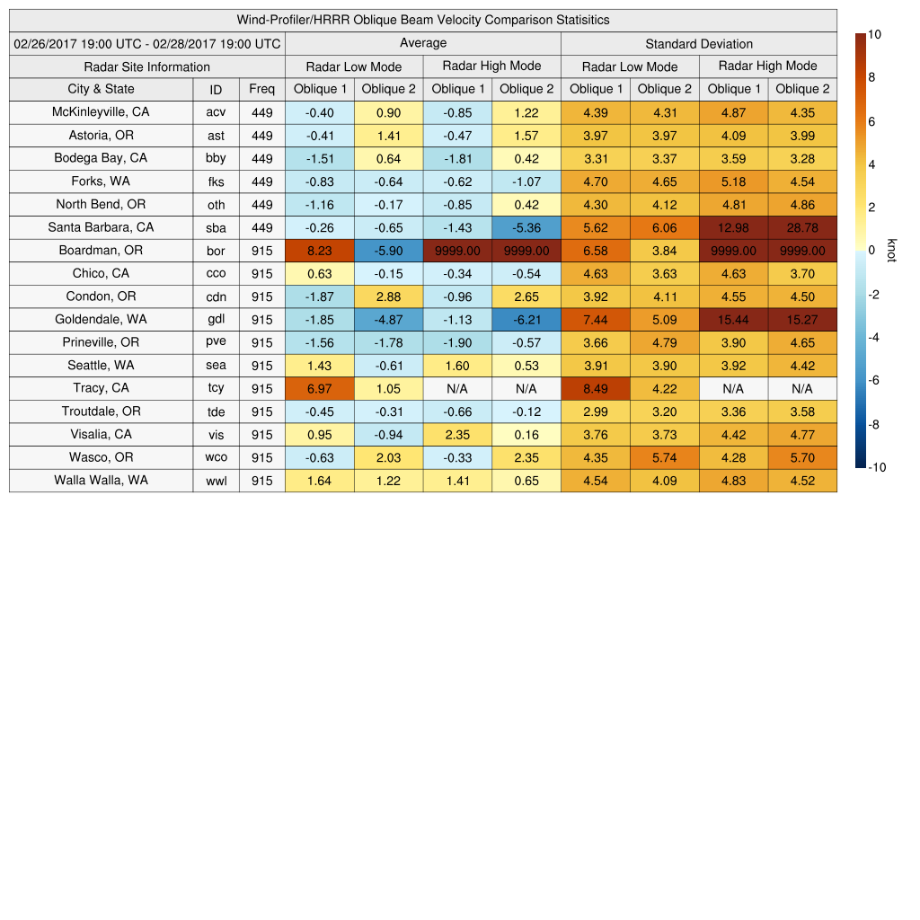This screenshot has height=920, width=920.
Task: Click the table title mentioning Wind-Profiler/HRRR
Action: [423, 20]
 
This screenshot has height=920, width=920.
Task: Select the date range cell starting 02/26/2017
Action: [147, 43]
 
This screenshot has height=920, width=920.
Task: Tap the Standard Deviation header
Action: [698, 44]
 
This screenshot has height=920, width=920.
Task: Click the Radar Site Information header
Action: [147, 66]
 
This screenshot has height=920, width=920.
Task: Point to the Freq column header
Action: [261, 89]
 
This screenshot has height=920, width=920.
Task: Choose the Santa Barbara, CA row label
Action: [101, 227]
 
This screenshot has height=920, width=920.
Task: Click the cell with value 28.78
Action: [802, 228]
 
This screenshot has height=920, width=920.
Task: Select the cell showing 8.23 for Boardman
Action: [319, 251]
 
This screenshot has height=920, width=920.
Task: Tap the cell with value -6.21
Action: [526, 320]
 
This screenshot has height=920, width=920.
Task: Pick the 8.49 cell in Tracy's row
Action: [596, 388]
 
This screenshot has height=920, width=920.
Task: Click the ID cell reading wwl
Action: [216, 481]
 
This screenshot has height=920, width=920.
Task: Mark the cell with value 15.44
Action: [733, 320]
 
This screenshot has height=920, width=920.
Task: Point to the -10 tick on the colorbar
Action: [877, 467]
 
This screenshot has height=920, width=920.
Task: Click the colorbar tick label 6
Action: [871, 121]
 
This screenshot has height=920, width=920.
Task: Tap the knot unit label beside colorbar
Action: [891, 250]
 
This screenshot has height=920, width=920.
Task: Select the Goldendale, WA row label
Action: [101, 319]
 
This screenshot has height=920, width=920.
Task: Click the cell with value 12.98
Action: [733, 228]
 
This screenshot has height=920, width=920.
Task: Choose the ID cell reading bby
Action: [216, 158]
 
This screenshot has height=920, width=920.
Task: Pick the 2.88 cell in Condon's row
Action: [388, 296]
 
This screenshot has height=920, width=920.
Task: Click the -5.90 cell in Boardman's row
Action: [388, 251]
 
